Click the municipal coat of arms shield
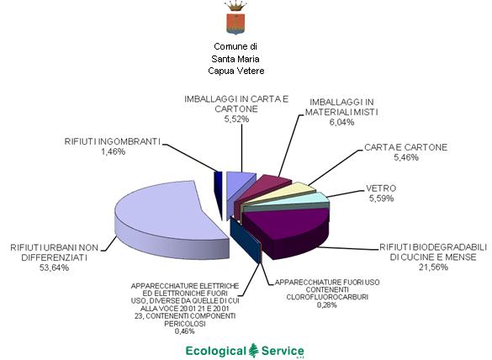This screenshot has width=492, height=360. click(235, 24)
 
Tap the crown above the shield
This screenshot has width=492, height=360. click(235, 6)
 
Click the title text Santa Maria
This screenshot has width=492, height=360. click(235, 59)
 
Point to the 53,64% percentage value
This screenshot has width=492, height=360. click(55, 267)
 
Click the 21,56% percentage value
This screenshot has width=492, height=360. click(433, 267)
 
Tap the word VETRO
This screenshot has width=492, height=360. click(381, 188)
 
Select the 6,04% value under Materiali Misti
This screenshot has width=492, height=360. click(341, 122)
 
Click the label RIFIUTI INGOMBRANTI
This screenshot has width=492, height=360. click(113, 141)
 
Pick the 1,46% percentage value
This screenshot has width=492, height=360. click(113, 151)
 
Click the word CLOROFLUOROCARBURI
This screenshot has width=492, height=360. click(327, 297)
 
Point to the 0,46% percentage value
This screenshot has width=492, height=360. click(185, 331)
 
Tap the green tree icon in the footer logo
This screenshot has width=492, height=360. click(253, 351)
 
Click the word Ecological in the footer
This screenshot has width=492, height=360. click(216, 352)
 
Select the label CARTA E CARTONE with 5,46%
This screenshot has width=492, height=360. click(405, 152)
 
